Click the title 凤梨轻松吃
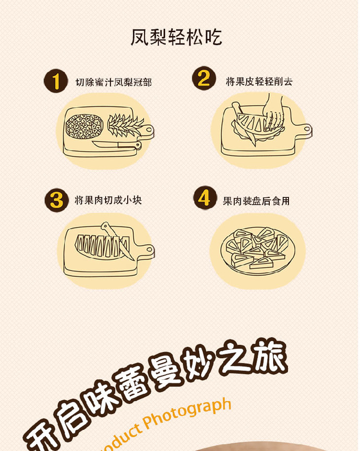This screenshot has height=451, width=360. [176, 37]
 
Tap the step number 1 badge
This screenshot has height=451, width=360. [56, 81]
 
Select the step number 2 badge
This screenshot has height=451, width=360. [204, 78]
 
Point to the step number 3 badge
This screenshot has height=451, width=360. [57, 200]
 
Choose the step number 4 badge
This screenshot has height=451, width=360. [205, 198]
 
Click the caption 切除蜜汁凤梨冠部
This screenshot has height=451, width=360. [113, 82]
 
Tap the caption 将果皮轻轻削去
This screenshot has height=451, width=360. [259, 81]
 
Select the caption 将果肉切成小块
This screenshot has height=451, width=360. [108, 200]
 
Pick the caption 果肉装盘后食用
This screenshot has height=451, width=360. [256, 201]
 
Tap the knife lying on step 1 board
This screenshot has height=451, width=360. [117, 145]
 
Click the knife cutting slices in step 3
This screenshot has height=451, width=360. [116, 240]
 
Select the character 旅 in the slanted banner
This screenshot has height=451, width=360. [270, 355]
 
